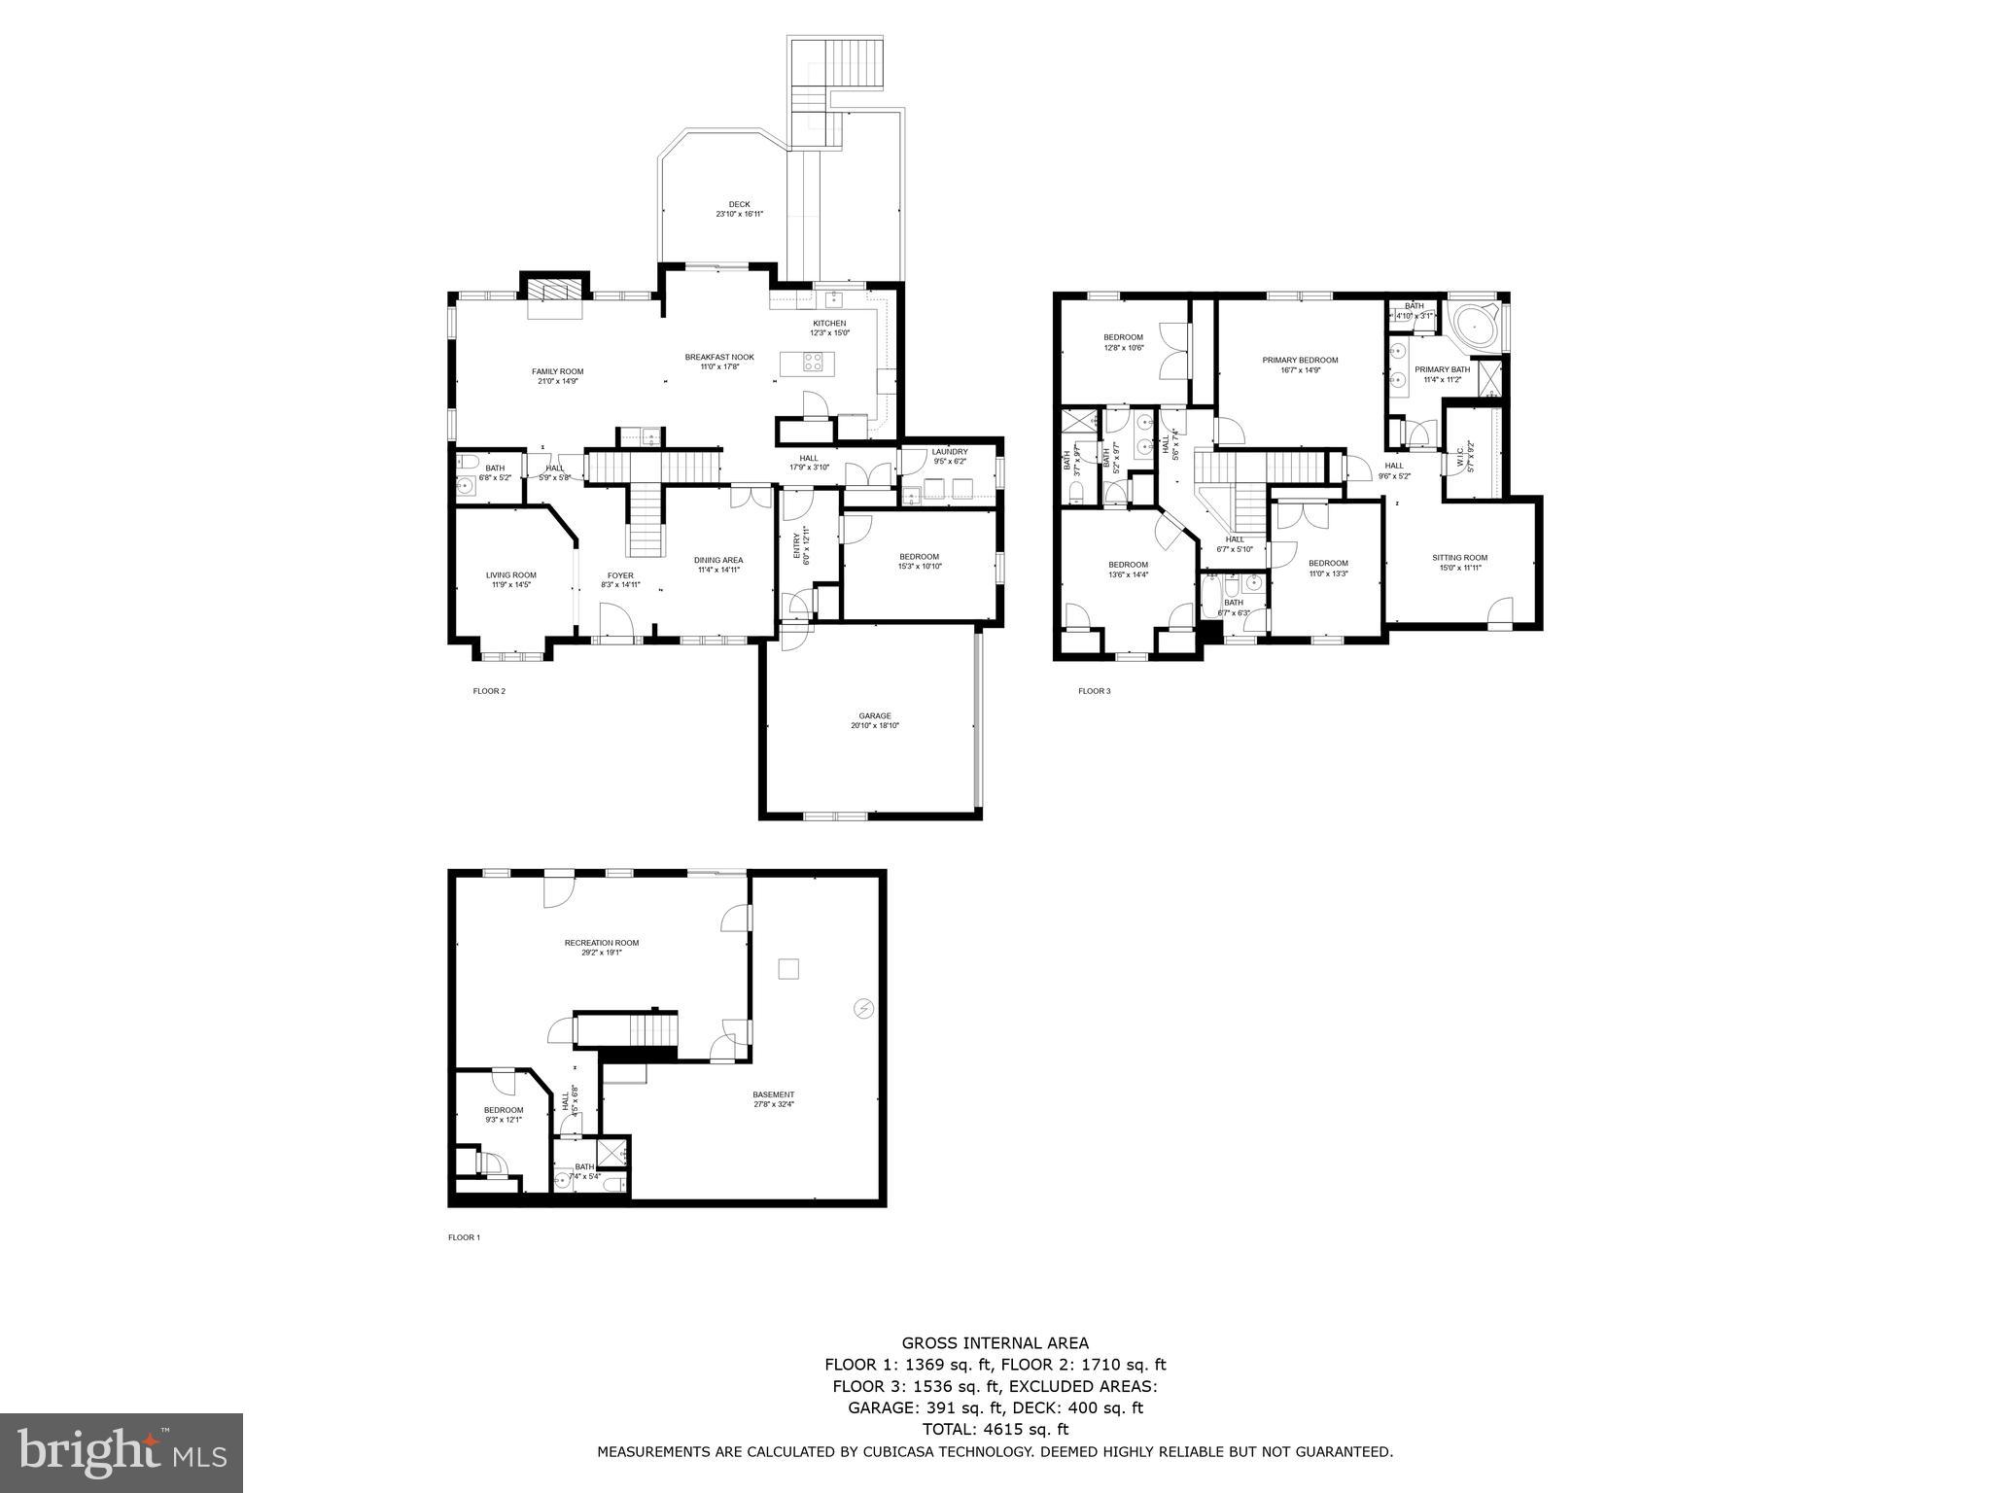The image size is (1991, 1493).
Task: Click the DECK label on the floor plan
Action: pos(739,204)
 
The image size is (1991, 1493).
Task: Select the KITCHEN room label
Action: pos(829,324)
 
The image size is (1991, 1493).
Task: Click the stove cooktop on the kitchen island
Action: pos(813,363)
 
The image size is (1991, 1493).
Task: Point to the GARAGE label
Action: pos(874,716)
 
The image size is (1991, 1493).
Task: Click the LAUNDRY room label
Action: pos(949,452)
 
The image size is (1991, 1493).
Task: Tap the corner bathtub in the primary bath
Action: pos(1475,328)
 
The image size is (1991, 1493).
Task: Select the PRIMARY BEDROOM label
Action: pos(1300,361)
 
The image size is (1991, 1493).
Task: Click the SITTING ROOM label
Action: pos(1459,558)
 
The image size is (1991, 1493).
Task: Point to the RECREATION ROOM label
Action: pos(602,943)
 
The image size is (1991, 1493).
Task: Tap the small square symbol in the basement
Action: pos(788,968)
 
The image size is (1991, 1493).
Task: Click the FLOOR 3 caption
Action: pos(1094,691)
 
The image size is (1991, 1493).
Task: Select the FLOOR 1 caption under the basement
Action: pos(464,1237)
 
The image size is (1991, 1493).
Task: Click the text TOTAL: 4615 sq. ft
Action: pos(995,1429)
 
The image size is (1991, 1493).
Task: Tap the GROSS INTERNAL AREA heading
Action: pos(995,1343)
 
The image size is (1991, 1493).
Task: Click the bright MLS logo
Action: pos(122,1452)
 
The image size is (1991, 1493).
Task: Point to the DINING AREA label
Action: pos(718,560)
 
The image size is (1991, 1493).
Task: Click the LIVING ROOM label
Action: pos(510,575)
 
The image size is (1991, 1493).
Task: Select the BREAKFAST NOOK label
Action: pos(718,358)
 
